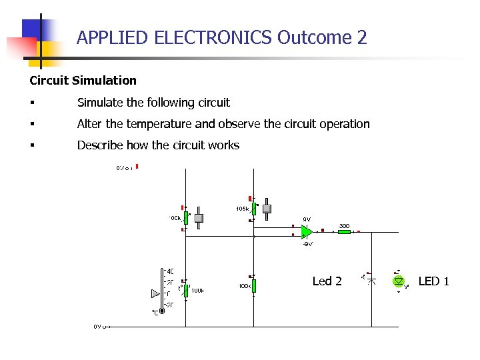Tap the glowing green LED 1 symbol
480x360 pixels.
(x=399, y=281)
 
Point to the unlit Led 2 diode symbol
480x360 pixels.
(x=372, y=281)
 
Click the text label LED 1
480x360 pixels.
(x=433, y=281)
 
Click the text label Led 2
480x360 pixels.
(x=327, y=281)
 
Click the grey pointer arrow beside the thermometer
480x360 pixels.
(x=155, y=293)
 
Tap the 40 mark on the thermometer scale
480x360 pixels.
(x=170, y=272)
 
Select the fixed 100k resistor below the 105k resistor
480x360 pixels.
(x=254, y=285)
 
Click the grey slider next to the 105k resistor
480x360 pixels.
(x=267, y=208)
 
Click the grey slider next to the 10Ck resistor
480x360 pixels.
(x=198, y=218)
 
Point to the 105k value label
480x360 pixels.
(x=242, y=209)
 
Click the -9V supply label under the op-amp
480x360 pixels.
(x=307, y=244)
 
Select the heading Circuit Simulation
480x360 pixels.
(x=83, y=81)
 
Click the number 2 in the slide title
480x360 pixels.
(x=362, y=37)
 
